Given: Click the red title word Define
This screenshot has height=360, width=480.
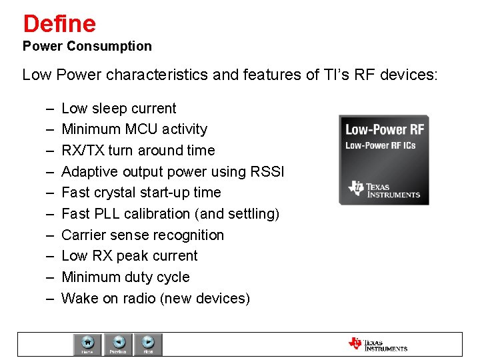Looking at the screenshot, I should point(59,24).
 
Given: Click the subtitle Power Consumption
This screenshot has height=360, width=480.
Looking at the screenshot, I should point(87,47).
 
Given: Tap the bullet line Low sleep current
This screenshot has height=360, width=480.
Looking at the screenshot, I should point(119,109).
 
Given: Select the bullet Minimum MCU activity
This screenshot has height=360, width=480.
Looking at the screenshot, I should point(134,129).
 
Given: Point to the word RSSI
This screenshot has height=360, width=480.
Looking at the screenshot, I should point(267,171).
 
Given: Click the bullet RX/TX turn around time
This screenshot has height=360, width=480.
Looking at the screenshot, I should point(138,151).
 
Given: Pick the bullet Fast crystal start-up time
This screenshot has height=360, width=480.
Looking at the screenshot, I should point(141,193).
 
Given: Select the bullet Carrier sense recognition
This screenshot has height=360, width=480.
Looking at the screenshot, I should point(143,235).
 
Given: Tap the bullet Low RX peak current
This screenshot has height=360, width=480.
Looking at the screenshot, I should point(129,256).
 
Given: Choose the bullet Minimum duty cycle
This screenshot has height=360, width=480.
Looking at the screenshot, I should point(125,277).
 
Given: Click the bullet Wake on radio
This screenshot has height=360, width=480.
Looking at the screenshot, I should point(155,299).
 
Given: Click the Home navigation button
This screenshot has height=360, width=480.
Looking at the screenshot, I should point(87,344).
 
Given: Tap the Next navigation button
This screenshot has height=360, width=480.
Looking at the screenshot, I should point(149,344).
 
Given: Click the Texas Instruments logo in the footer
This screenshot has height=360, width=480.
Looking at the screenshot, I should point(377,344).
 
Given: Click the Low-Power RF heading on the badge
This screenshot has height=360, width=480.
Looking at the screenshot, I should point(383,129).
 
